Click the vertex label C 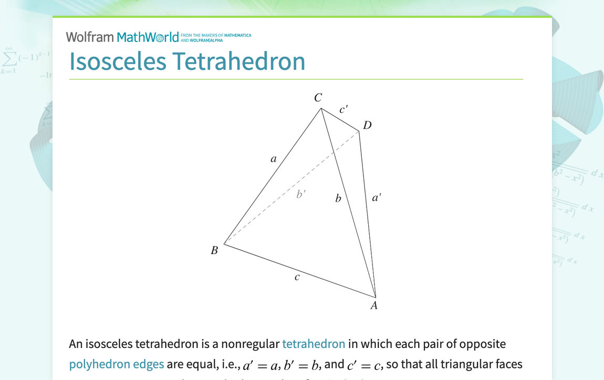318,98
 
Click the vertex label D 367,125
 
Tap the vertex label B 214,251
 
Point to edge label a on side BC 273,159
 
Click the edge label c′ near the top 343,110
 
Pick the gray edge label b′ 301,194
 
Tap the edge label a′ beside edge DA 377,198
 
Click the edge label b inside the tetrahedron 338,198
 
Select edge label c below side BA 297,277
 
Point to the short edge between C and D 340,120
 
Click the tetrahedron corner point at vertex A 376,297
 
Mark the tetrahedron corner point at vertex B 224,244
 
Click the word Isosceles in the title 117,61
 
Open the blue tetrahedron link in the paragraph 314,344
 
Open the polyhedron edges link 116,364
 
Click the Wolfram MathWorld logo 122,37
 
